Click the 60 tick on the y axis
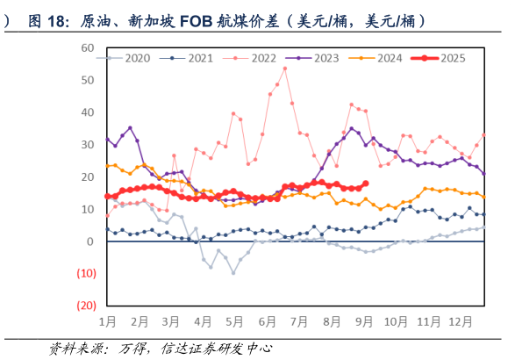click(88, 47)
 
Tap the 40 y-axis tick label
click(88, 112)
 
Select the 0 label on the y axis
click(91, 241)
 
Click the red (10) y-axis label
click(85, 274)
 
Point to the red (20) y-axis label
click(85, 306)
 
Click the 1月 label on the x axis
click(109, 322)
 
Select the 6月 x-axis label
click(268, 322)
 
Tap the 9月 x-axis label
click(363, 322)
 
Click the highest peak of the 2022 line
click(284, 68)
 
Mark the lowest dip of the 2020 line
click(233, 272)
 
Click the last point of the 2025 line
click(365, 184)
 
